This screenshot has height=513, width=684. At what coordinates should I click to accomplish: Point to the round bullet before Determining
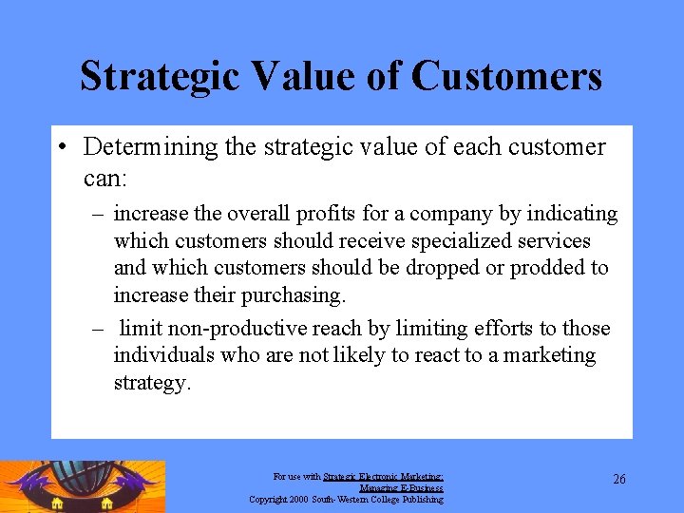[61, 148]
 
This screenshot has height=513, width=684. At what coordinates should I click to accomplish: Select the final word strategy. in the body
[152, 382]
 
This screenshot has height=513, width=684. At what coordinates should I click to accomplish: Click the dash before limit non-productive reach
[98, 330]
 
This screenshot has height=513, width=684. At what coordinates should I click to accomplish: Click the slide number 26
[618, 480]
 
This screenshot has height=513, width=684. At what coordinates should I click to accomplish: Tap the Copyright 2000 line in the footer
[346, 499]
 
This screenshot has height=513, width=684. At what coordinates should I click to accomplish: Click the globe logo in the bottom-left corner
[83, 486]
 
